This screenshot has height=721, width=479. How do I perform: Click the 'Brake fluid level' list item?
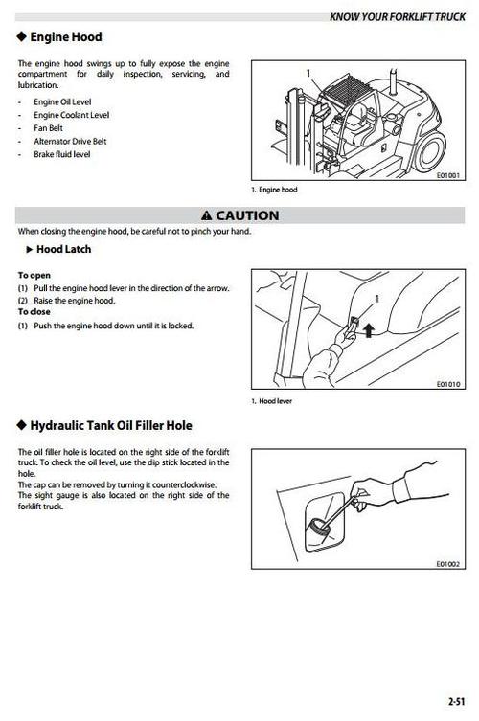point(62,153)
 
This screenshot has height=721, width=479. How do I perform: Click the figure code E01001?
point(446,175)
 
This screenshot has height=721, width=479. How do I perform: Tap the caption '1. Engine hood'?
point(273,190)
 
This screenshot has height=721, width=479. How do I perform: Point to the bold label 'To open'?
point(34,275)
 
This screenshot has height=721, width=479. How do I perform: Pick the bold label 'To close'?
point(34,312)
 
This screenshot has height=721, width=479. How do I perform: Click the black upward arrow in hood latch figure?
point(369,331)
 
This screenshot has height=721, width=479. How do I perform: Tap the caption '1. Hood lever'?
point(272,400)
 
